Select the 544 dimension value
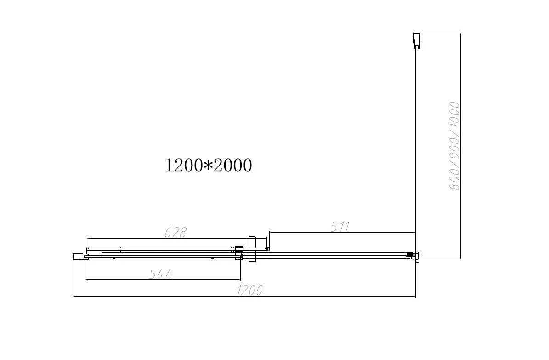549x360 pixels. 161,274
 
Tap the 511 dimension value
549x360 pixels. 340,226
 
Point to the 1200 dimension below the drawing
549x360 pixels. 250,291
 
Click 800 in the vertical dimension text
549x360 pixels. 454,178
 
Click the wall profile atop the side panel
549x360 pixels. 416,40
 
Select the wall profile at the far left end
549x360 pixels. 79,257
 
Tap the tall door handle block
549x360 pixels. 251,249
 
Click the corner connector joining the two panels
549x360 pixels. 411,255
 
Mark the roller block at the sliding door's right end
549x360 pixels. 238,253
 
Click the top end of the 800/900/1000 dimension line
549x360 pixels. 461,33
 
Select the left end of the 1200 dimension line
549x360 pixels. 74,297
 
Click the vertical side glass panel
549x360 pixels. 416,147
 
